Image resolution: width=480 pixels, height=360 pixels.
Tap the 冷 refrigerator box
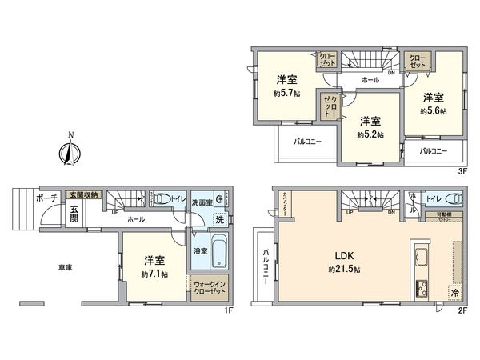pyautogui.click(x=455, y=294)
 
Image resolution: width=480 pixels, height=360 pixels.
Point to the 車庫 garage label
pyautogui.click(x=66, y=266)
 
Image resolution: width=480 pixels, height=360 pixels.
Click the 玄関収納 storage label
pyautogui.click(x=83, y=194)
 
